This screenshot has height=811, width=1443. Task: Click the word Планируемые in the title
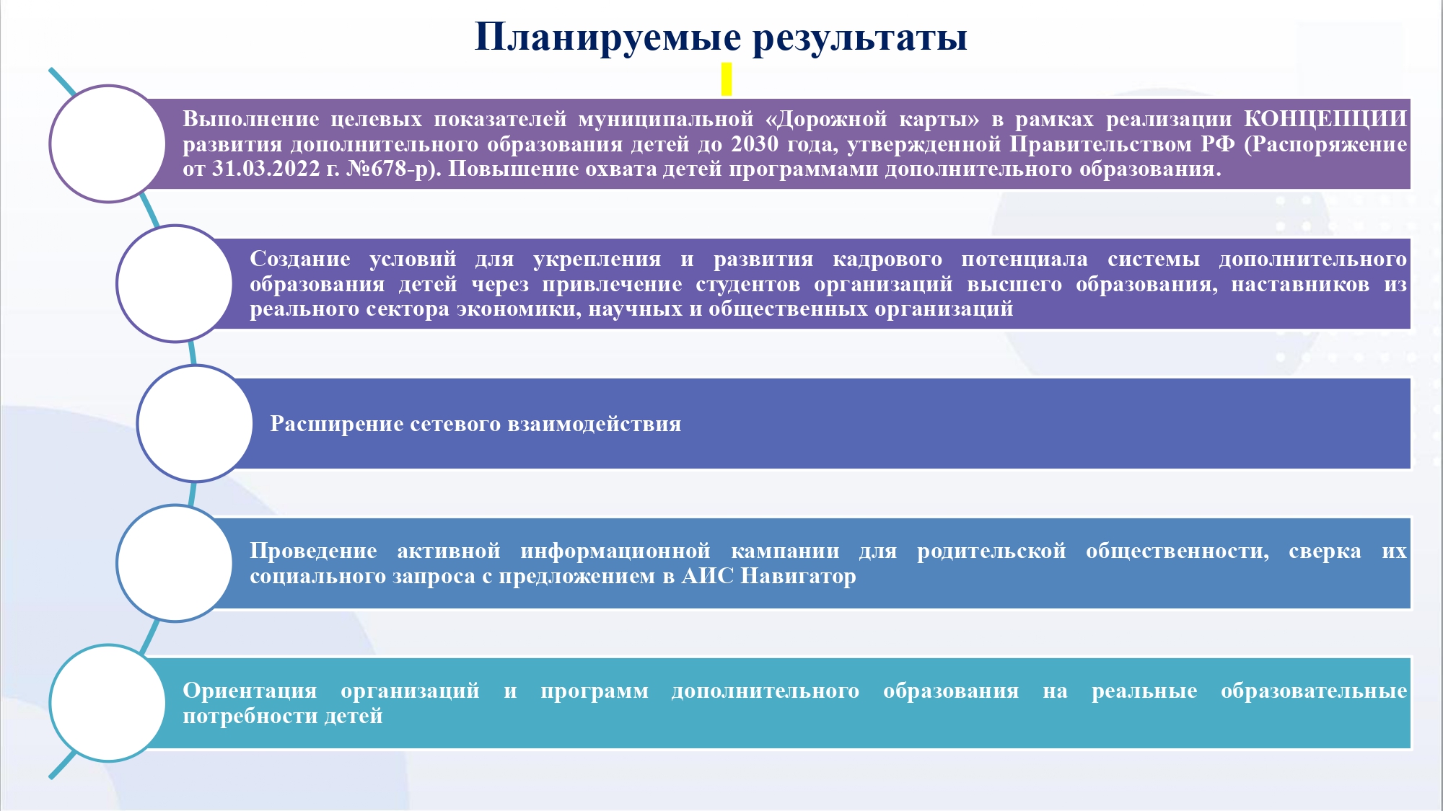pos(608,37)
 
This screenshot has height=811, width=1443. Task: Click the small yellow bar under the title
pos(727,79)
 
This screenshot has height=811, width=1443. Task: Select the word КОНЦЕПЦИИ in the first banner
pos(1325,119)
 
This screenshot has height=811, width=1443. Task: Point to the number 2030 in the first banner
pos(755,144)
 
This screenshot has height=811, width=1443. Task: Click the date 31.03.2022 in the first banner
pos(266,169)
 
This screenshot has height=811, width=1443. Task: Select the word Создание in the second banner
pos(300,259)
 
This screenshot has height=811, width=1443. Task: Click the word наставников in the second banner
pos(1300,285)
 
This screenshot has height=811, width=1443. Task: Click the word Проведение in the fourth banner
pos(313,551)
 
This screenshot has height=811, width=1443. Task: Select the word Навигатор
pos(799,577)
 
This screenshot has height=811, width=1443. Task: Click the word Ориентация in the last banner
pos(250,691)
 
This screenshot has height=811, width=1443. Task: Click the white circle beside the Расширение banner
pos(195,423)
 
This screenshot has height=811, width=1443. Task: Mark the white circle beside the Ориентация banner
pos(108,703)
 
